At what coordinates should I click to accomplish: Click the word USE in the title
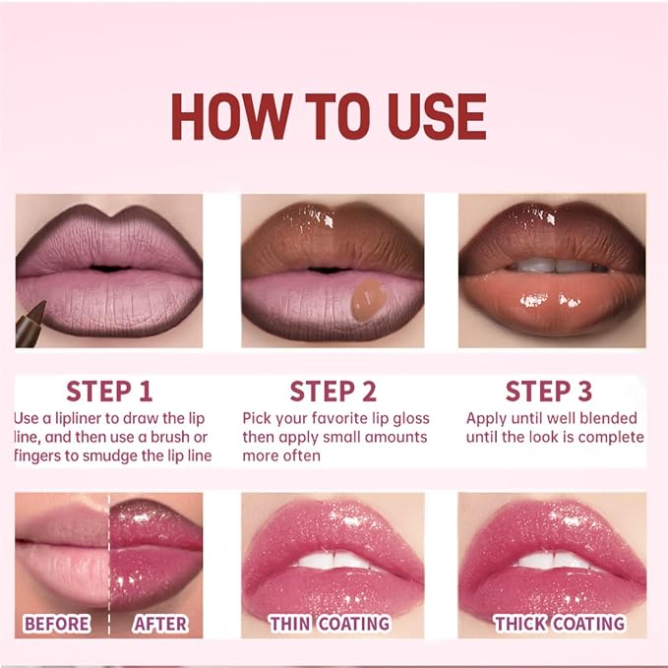pos(437,116)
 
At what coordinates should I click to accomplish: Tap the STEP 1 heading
pos(109,392)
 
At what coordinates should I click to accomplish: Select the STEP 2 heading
pos(334,392)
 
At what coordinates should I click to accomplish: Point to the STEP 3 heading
pos(549,392)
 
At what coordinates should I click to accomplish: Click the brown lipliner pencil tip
pos(41,305)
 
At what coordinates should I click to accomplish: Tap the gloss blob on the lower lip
pos(367,299)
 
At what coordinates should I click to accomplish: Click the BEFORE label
pos(57,624)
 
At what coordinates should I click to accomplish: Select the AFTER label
pos(160,624)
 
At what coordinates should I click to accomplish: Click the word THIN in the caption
pos(291,624)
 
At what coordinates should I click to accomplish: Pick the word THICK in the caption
pos(519,624)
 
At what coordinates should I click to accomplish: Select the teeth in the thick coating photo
pos(554,560)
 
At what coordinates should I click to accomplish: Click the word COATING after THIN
pos(354,624)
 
